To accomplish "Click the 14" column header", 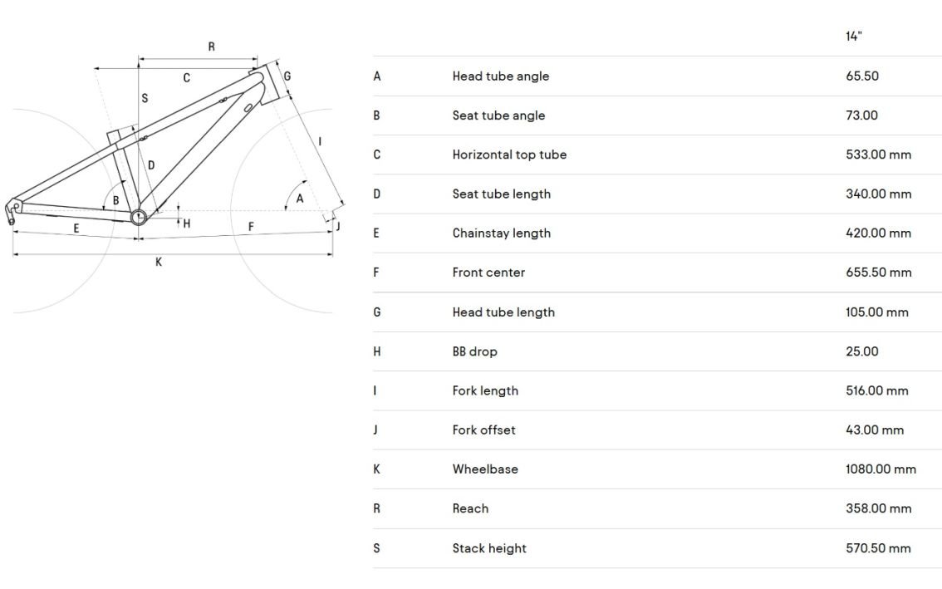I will point(855,37).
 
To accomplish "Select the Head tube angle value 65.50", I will point(862,76).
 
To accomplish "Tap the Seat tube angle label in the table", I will point(498,115).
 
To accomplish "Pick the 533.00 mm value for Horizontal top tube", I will point(878,155).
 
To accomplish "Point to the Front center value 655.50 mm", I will point(878,272).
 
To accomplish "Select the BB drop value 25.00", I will point(862,351).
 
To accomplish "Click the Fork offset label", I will point(483,430).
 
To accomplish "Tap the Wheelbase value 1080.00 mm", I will point(881,469).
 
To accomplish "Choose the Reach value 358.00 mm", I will point(878,508).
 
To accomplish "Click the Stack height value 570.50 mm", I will point(878,548).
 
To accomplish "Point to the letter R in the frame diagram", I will point(211,47).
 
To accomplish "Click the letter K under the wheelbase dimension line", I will point(159,263).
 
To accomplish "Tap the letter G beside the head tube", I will point(287,76).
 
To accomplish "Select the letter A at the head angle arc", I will point(300,199).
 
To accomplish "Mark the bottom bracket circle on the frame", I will point(138,217).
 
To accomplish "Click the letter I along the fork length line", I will point(320,142).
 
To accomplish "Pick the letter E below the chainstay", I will point(76,228).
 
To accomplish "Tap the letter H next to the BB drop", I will point(186,223).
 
